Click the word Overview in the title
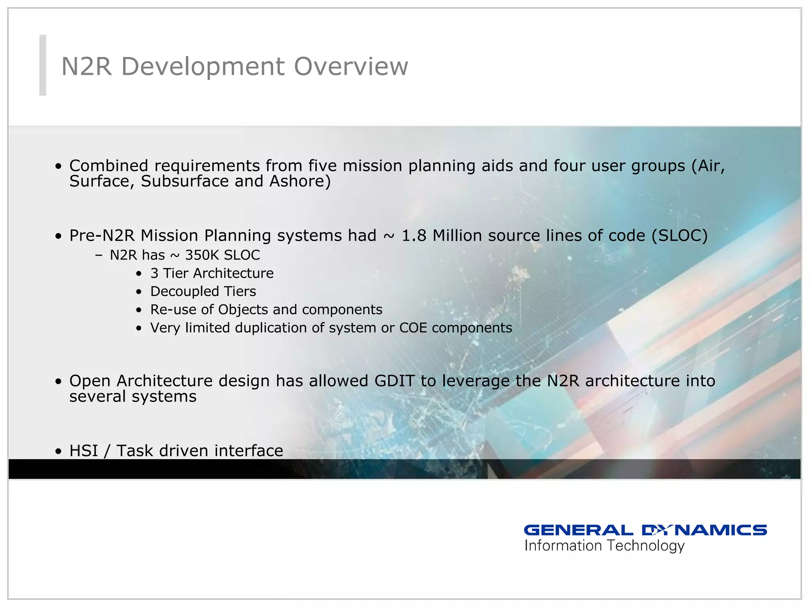351,66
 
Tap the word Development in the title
202,66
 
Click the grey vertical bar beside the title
43,65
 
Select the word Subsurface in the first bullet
185,181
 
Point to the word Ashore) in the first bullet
300,181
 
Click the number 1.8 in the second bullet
414,236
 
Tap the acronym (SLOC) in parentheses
679,236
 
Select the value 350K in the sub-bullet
202,255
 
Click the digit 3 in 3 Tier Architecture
154,273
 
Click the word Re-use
173,309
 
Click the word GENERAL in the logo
578,530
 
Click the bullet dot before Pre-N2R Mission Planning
59,237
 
